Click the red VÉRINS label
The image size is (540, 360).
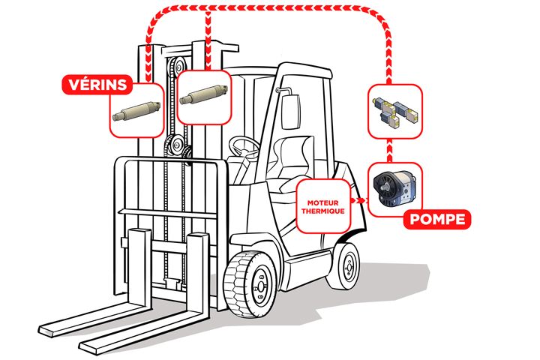pyautogui.click(x=97, y=85)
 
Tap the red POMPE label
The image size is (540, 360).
pyautogui.click(x=437, y=219)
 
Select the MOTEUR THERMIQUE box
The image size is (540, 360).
pyautogui.click(x=323, y=206)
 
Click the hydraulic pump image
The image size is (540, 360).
pyautogui.click(x=394, y=189)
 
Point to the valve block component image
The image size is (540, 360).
pyautogui.click(x=395, y=111)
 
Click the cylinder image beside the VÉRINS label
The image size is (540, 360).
pyautogui.click(x=136, y=110)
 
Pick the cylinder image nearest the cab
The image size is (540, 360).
pyautogui.click(x=203, y=94)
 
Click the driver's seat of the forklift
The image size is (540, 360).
pyautogui.click(x=292, y=162)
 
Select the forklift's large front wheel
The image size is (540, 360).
pyautogui.click(x=250, y=284)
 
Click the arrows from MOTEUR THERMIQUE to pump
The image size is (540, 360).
pyautogui.click(x=359, y=200)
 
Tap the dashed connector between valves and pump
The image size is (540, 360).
pyautogui.click(x=389, y=151)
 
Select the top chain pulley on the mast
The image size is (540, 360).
pyautogui.click(x=178, y=65)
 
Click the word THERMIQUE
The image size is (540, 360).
pyautogui.click(x=323, y=211)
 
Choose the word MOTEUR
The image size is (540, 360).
pyautogui.click(x=323, y=202)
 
